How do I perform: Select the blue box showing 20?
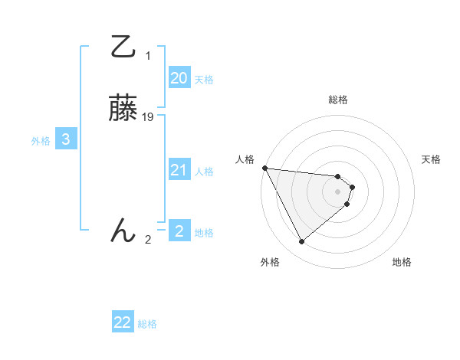point(179,78)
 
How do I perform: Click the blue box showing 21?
point(179,170)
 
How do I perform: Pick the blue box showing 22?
point(123,322)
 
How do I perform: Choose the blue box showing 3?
point(66,139)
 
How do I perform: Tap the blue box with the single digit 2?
point(179,231)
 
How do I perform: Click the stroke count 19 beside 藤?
point(148,117)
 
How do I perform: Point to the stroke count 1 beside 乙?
point(148,56)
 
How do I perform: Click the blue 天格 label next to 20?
point(204,80)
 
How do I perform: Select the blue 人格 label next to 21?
point(204,172)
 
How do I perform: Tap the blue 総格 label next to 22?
point(147,324)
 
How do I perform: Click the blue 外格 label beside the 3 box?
point(41,141)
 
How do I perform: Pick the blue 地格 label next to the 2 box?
point(204,232)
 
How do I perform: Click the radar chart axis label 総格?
point(337,100)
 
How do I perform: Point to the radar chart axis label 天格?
point(431,159)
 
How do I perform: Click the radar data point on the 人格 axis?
point(264,168)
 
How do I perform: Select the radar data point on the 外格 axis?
point(301,242)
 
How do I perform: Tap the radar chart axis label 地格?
point(402,262)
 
